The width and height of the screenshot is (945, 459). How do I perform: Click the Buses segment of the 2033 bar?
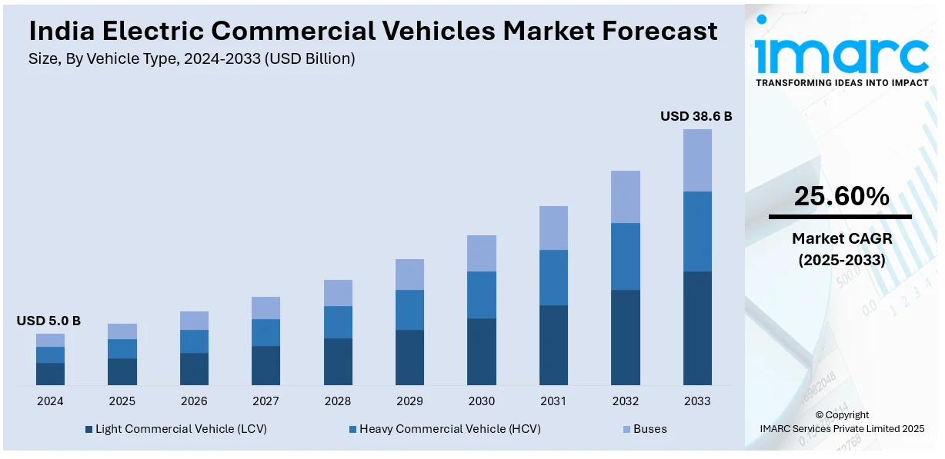(697, 160)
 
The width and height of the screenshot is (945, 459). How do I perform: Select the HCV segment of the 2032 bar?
(625, 256)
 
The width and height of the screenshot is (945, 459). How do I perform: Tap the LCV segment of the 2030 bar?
(481, 351)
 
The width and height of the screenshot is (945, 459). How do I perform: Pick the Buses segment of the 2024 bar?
(50, 340)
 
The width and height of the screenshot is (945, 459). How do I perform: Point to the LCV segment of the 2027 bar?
(265, 365)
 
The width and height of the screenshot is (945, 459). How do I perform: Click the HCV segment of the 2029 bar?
(409, 310)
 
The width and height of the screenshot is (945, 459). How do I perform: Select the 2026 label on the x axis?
(194, 401)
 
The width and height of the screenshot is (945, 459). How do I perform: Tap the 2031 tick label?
(553, 401)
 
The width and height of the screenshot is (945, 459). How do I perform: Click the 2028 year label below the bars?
(338, 401)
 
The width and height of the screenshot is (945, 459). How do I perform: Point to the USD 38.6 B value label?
(696, 117)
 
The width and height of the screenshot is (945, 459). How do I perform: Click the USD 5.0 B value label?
(48, 321)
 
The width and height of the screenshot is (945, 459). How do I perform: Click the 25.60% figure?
(841, 197)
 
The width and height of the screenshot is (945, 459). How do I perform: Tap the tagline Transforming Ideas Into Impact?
(842, 82)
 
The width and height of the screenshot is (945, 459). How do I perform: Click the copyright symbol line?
(842, 415)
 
